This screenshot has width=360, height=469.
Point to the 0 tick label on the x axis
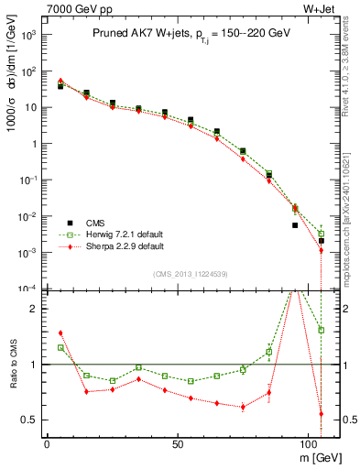tap(47, 442)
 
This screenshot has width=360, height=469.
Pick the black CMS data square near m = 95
tap(295, 225)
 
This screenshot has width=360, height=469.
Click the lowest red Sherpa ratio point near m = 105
tap(322, 413)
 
